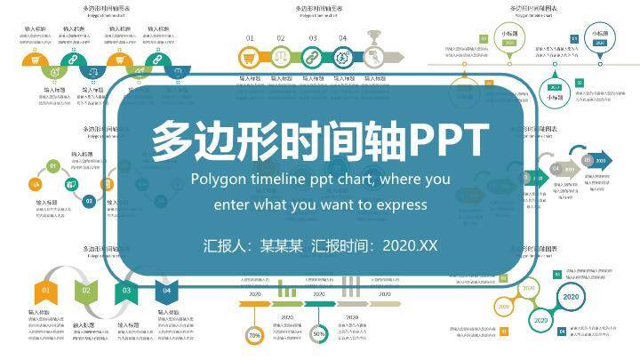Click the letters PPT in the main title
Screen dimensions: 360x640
point(448,140)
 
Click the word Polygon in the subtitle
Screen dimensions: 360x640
point(220,179)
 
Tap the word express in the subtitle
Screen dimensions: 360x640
point(402,204)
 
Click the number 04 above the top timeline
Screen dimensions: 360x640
point(342,38)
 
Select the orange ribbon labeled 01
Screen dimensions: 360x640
point(45,290)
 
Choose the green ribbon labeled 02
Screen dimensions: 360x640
point(86,290)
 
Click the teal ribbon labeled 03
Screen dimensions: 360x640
point(126,290)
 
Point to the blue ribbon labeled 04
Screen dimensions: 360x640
point(165,290)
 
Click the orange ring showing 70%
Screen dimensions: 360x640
point(254,335)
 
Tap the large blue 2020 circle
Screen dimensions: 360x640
point(571,297)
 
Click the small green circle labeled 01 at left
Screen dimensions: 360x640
point(53,165)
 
